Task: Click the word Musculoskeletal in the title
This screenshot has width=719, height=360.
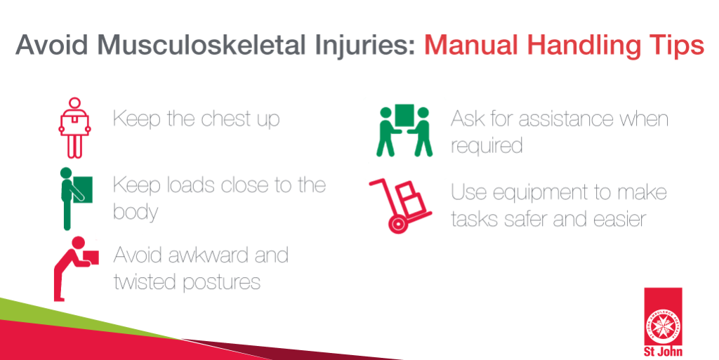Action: [201, 46]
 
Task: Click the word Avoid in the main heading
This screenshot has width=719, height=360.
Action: [51, 46]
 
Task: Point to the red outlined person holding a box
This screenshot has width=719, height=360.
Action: [74, 128]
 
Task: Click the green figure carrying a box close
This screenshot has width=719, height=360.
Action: [74, 198]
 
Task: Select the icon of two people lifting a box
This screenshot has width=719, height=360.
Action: [404, 131]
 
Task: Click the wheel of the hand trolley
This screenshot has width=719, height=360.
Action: [397, 225]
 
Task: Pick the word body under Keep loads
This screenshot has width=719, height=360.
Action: [136, 212]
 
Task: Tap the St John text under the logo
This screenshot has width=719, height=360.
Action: [663, 352]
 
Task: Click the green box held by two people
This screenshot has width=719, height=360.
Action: [404, 115]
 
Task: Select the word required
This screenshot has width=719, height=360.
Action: [487, 146]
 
